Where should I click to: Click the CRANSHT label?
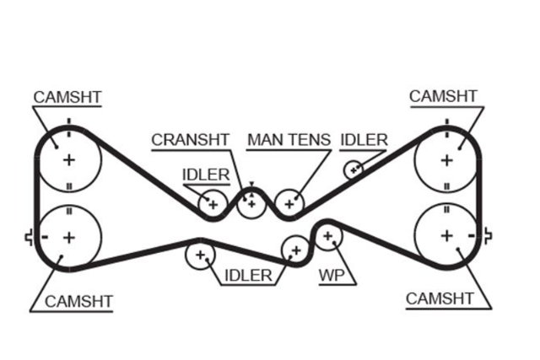pos(190,140)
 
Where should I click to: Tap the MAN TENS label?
pos(289,140)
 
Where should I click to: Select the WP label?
pos(332,276)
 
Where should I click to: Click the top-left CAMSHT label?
pos(67,97)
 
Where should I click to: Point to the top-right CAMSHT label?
pos(443,96)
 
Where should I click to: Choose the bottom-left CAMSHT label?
pos(78,302)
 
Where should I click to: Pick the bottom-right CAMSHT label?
pos(440,298)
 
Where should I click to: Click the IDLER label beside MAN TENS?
pos(364,140)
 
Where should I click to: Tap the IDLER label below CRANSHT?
pos(206,175)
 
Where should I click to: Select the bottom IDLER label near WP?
pos(248,276)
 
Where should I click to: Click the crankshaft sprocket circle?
pos(251,204)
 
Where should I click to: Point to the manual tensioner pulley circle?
pos(289,204)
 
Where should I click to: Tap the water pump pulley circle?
pos(328,236)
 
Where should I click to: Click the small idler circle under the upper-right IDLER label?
pos(354,169)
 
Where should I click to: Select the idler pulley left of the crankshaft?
pos(213,204)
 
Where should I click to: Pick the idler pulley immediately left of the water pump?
pos(296,250)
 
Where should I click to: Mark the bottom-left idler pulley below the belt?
pos(200,255)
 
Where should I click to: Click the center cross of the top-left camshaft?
pos(69,160)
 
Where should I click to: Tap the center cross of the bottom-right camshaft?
pos(446,236)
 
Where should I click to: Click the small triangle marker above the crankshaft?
pos(251,184)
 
